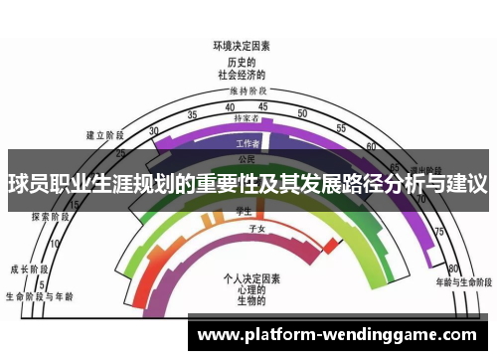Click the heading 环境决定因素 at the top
(x=242, y=46)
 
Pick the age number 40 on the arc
(x=231, y=106)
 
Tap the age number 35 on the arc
(x=197, y=112)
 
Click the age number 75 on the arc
(x=438, y=231)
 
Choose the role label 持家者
(x=246, y=118)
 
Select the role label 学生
(x=240, y=211)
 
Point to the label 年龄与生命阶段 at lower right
(x=460, y=280)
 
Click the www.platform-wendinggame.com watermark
(x=338, y=335)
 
